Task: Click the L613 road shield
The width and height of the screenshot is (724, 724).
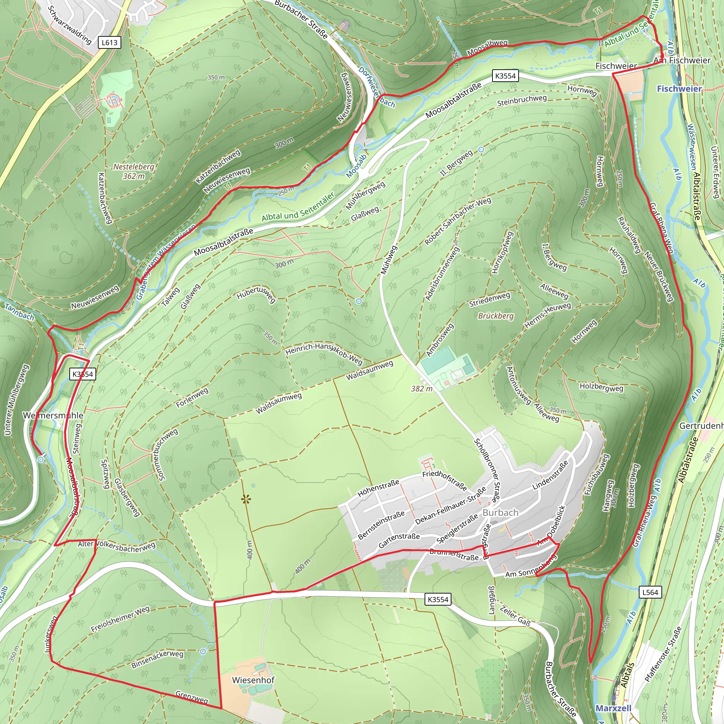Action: [110, 42]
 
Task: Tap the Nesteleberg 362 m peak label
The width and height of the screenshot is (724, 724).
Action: [134, 171]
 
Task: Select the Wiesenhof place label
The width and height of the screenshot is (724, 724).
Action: [253, 680]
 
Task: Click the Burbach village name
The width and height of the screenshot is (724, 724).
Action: [500, 512]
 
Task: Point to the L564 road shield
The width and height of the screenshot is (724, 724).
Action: [650, 592]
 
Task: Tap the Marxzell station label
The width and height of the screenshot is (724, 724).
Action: [613, 708]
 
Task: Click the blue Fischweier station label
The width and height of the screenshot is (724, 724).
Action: [679, 88]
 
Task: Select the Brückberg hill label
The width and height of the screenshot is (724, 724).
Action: [496, 316]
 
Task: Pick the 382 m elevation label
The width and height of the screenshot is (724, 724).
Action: [422, 389]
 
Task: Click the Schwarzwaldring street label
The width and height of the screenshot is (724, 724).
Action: [69, 25]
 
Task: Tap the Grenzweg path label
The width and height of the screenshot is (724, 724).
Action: [192, 697]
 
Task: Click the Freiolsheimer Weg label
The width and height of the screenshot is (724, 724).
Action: [120, 619]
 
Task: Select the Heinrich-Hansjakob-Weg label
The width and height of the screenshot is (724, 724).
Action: [324, 353]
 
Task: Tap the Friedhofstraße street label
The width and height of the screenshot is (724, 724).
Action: [444, 480]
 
